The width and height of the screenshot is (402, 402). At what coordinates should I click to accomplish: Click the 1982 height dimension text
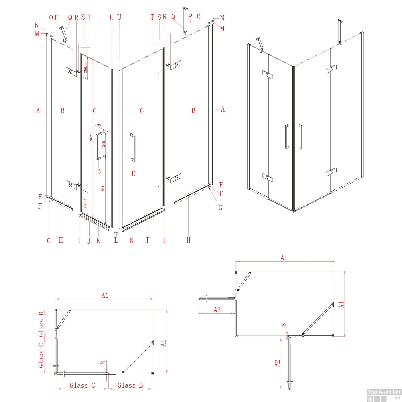91,139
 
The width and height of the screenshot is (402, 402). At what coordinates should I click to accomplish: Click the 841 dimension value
103,188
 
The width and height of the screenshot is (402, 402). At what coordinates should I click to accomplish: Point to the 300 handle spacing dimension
103,144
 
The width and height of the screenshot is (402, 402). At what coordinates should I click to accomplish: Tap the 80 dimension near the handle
99,125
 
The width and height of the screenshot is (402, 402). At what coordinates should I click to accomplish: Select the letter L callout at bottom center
116,240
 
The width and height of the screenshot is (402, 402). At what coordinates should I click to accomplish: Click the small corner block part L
116,233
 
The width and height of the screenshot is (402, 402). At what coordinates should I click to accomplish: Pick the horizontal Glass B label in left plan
130,385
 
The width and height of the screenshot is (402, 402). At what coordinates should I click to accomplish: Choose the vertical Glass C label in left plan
41,355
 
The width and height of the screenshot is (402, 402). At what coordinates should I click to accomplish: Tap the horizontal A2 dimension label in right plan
217,310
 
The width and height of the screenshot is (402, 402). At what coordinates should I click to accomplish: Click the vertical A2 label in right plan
277,363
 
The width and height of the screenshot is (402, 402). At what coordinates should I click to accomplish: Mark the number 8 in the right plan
284,325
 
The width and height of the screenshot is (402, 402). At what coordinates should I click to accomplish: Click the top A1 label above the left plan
105,295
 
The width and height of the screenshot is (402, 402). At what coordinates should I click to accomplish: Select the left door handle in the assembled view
287,136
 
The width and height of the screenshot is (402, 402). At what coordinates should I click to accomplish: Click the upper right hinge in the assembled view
331,69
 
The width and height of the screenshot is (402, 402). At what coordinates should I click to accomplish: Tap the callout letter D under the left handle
99,172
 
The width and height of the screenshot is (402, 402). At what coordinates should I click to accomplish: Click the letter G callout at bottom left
49,241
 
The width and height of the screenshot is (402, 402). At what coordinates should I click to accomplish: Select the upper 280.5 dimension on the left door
85,68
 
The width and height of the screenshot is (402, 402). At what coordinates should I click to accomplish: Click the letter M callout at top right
222,29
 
